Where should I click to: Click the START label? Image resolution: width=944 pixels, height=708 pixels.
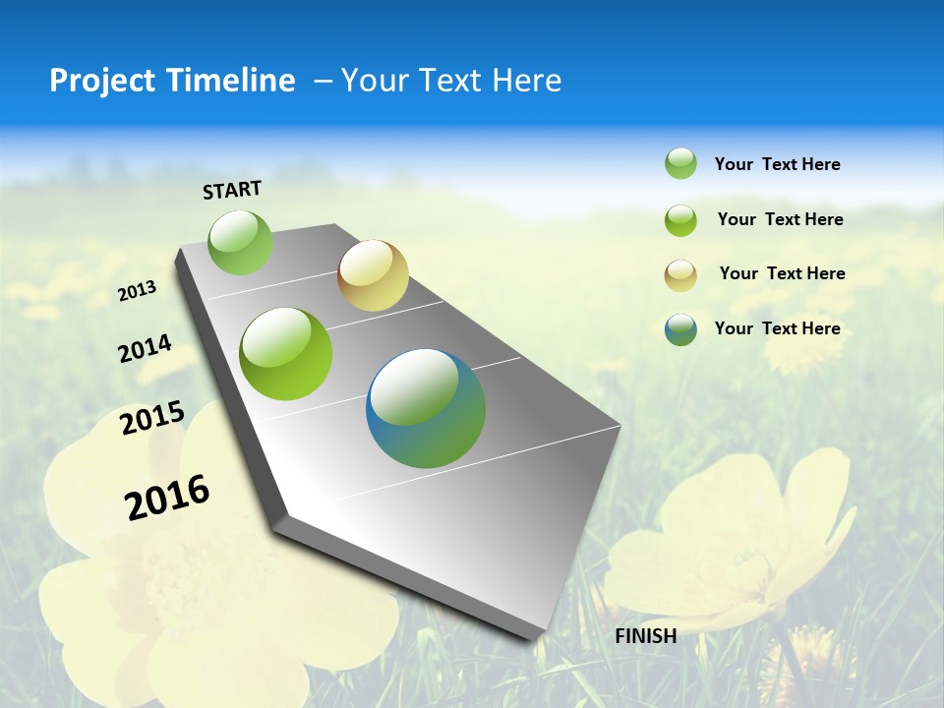(232, 190)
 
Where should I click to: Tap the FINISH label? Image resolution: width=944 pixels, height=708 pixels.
(645, 636)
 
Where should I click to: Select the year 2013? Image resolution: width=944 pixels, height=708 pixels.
(137, 290)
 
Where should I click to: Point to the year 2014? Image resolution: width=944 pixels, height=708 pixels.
(145, 348)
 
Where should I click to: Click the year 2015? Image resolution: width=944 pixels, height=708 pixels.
(151, 418)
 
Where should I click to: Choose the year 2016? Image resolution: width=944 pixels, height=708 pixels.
(167, 497)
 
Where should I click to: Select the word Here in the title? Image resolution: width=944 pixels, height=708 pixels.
(526, 81)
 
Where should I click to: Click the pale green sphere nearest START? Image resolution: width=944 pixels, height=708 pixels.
(240, 242)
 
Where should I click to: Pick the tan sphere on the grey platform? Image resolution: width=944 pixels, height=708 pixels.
(373, 275)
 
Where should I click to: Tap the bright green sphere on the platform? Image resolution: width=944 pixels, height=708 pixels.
(286, 354)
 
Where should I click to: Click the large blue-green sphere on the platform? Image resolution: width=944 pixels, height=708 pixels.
(426, 408)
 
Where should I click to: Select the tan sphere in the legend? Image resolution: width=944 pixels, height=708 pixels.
(680, 274)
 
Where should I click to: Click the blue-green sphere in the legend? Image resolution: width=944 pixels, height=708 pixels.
(680, 329)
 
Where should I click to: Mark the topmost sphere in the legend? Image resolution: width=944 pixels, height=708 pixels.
(680, 163)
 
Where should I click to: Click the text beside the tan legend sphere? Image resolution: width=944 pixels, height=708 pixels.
(782, 273)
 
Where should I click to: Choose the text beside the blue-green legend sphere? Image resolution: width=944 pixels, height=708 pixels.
(777, 328)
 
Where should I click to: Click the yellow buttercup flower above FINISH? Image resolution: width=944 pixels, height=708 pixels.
(728, 541)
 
